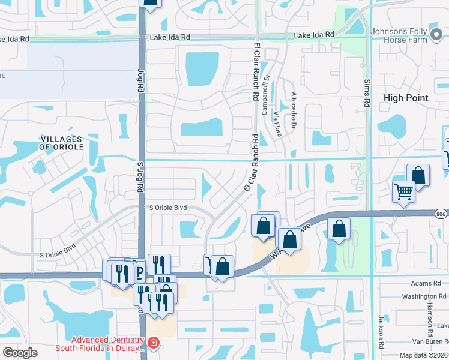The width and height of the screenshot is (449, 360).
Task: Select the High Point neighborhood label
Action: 406,98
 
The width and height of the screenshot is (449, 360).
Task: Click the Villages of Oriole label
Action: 61,143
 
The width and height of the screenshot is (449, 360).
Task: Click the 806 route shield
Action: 442,213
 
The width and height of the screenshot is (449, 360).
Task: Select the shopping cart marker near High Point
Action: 403,192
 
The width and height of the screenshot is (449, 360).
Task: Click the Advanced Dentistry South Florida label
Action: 100,344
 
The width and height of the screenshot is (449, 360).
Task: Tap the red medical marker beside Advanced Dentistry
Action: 154,343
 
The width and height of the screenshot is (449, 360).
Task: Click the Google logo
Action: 21,353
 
